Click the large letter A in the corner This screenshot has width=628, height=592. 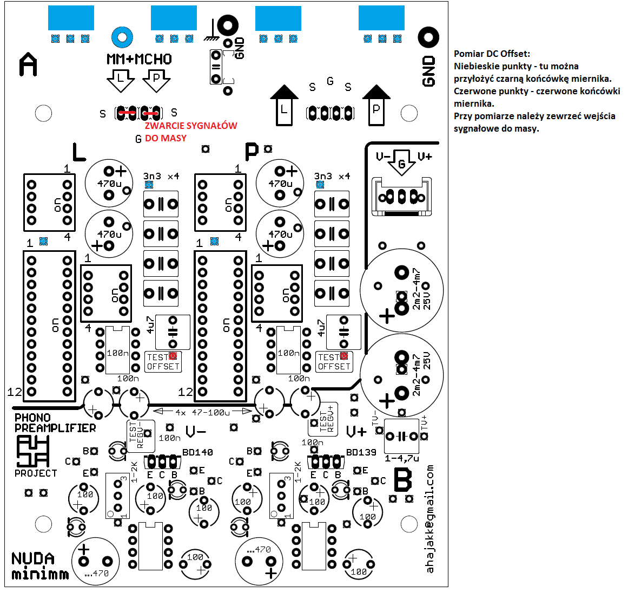(29, 65)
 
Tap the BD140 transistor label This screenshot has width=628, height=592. (197, 452)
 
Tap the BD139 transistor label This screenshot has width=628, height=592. (361, 452)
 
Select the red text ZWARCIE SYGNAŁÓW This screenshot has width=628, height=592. (191, 126)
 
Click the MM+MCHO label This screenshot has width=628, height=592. (139, 59)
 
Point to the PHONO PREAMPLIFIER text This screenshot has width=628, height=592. (55, 423)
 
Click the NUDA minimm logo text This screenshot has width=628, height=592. (40, 566)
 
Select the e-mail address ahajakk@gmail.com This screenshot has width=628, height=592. (430, 518)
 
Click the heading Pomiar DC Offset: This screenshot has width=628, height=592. (492, 54)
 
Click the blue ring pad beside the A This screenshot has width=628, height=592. (122, 37)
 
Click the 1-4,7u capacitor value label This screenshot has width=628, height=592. (402, 458)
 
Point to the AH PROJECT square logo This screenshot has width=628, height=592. (33, 451)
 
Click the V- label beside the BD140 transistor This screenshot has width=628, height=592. (195, 432)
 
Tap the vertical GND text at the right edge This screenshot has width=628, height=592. (428, 71)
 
